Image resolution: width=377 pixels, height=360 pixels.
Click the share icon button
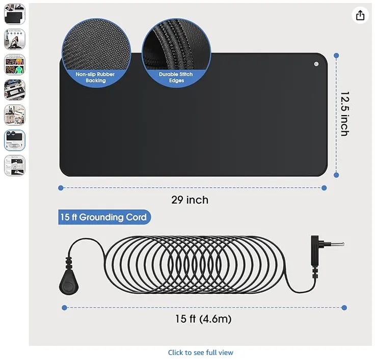pos(360,15)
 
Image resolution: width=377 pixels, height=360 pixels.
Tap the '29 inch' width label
pos(190,200)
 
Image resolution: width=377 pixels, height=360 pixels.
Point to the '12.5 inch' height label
pos(345,114)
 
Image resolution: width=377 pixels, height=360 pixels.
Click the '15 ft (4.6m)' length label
pos(203,319)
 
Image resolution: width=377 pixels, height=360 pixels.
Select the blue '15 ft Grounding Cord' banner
pos(104,217)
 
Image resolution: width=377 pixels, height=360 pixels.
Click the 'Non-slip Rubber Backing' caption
pos(95,77)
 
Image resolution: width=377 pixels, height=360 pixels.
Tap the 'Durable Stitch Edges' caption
pos(176,77)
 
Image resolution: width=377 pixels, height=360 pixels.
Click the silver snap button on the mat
pos(316,64)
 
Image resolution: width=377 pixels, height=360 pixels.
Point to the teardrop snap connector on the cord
pos(69,283)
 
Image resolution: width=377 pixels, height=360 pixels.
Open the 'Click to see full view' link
pos(201,352)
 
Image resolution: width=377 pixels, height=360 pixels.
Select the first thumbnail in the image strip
pos(15,14)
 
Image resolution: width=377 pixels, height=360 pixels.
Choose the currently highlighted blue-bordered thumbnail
pos(15,141)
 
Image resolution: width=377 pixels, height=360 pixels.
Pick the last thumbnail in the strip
pos(15,165)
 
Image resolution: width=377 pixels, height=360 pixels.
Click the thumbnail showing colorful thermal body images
pos(15,65)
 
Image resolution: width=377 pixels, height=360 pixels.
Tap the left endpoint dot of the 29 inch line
pos(61,188)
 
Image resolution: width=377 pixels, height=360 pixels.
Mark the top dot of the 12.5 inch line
pos(336,56)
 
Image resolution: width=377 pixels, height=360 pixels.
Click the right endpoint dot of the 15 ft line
pos(344,308)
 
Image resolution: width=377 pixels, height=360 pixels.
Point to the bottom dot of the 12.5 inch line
pos(336,175)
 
